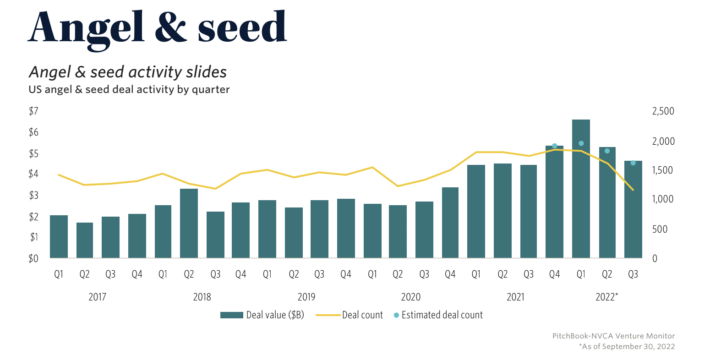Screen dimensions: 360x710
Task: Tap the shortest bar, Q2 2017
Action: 85,240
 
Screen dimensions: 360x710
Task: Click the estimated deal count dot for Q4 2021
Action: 554,146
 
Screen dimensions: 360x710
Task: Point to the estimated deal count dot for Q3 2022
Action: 633,163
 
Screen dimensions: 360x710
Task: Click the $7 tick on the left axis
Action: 33,111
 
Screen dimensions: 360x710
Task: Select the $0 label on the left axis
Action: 33,258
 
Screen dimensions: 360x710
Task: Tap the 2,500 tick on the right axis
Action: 663,111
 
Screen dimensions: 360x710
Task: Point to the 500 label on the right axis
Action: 661,229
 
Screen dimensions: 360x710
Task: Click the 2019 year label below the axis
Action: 306,297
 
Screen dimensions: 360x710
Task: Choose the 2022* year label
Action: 606,297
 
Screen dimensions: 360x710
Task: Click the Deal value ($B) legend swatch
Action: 231,315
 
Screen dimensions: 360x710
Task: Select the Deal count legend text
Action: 362,315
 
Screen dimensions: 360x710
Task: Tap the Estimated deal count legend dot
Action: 396,315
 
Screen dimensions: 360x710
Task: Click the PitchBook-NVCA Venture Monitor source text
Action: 613,336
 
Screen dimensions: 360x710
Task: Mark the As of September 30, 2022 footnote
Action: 627,347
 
